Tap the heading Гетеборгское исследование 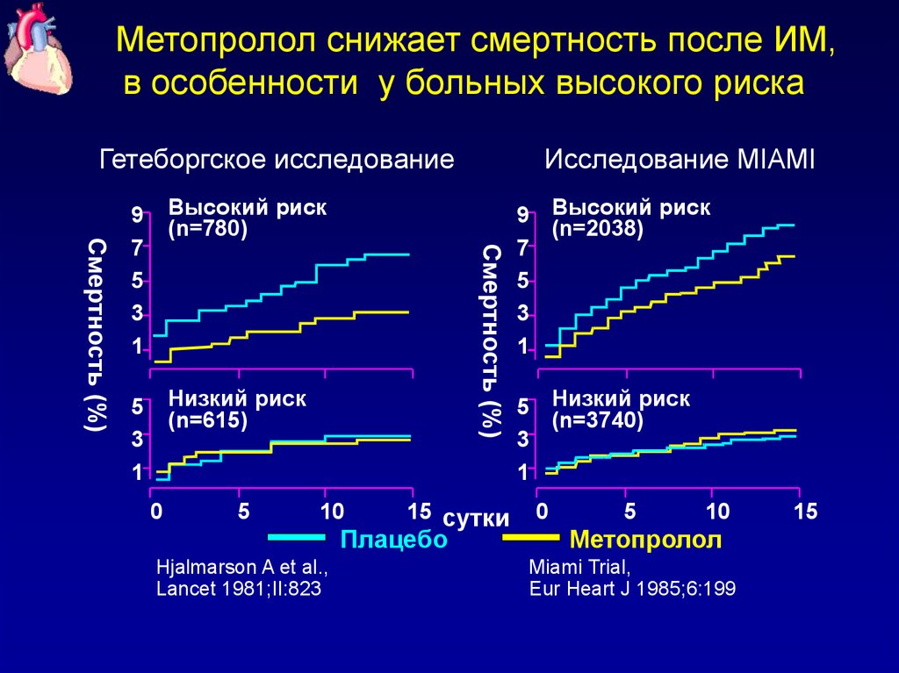click(x=277, y=161)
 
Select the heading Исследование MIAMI click(x=680, y=161)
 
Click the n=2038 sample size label click(x=598, y=230)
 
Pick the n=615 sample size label click(x=208, y=420)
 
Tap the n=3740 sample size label click(x=598, y=420)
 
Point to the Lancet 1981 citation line click(x=238, y=589)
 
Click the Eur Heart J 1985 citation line click(x=632, y=589)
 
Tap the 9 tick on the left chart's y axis click(x=137, y=215)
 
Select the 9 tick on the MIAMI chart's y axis click(x=523, y=215)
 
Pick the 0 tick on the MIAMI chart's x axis click(x=542, y=511)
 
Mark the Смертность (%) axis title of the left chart click(x=97, y=333)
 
